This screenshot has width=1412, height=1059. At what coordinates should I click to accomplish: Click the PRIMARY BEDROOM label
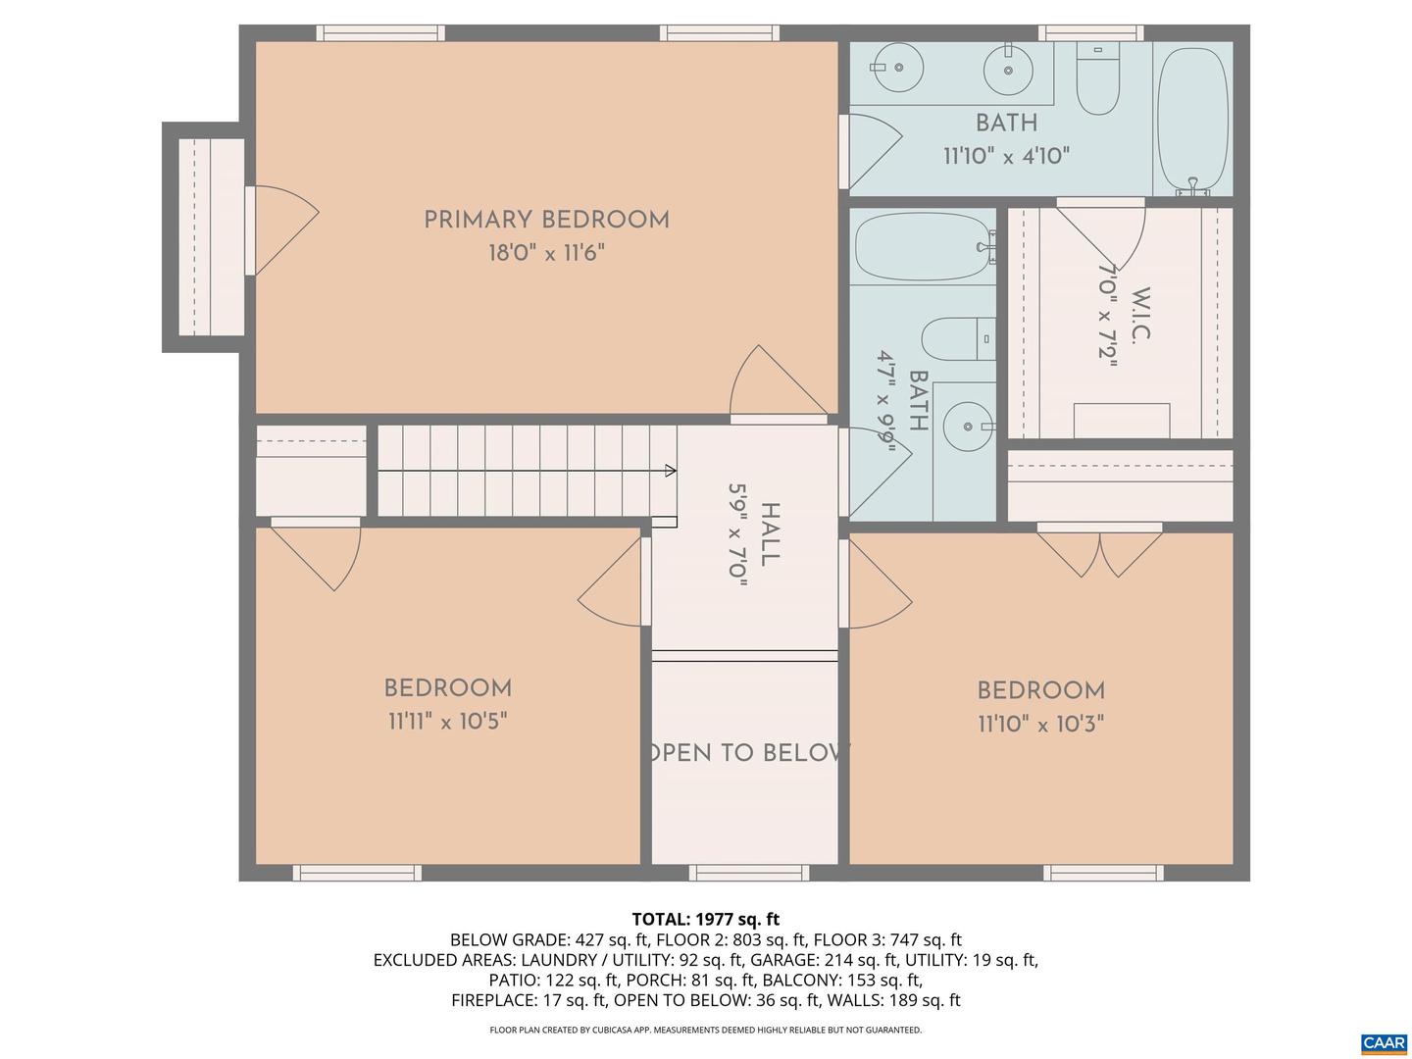(546, 220)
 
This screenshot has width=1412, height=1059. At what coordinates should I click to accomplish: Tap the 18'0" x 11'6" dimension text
(546, 253)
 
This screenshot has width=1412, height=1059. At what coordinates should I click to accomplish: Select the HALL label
(771, 534)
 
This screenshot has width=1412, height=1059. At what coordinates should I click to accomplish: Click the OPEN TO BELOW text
(747, 753)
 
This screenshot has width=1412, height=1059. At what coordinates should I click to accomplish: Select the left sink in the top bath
(896, 67)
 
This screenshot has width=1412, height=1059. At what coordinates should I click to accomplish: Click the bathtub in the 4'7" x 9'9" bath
(923, 247)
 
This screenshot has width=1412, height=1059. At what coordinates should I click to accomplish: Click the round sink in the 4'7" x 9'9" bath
(966, 427)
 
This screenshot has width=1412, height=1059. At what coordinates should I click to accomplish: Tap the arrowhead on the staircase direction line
(671, 471)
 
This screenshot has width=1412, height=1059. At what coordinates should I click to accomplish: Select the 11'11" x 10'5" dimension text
(447, 722)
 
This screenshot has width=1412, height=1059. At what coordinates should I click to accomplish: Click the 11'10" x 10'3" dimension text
(1040, 724)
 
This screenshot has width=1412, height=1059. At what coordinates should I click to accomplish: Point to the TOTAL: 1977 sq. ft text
(705, 919)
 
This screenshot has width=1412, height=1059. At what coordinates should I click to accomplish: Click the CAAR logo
(1384, 1042)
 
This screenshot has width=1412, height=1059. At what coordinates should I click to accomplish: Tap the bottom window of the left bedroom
(357, 873)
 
